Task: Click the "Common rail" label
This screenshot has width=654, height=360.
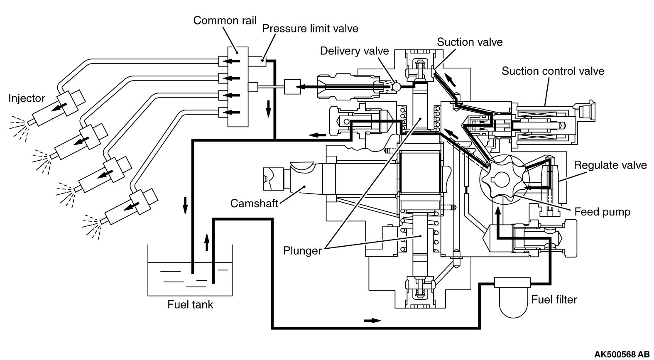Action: click(x=225, y=20)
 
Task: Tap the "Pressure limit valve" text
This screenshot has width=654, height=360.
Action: click(x=310, y=29)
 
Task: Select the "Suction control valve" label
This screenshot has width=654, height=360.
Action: click(x=553, y=71)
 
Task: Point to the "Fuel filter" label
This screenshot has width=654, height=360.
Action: click(x=554, y=299)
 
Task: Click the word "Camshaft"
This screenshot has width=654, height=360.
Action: click(x=254, y=203)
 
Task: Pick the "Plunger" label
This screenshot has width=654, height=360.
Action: click(x=302, y=251)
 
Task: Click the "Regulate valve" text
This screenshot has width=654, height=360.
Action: click(x=610, y=165)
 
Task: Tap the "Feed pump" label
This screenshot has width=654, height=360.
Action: click(x=603, y=212)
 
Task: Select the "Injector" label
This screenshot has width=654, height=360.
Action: click(x=27, y=98)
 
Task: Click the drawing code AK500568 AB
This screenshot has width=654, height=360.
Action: click(x=622, y=354)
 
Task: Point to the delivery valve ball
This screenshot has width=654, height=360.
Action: click(x=397, y=87)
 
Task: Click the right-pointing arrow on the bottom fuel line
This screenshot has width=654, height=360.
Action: click(x=372, y=321)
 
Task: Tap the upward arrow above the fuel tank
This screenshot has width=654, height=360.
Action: click(x=207, y=242)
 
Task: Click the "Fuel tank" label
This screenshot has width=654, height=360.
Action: click(x=190, y=305)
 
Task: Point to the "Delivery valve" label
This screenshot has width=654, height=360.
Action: click(x=355, y=51)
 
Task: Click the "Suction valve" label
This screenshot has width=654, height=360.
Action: click(x=470, y=42)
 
